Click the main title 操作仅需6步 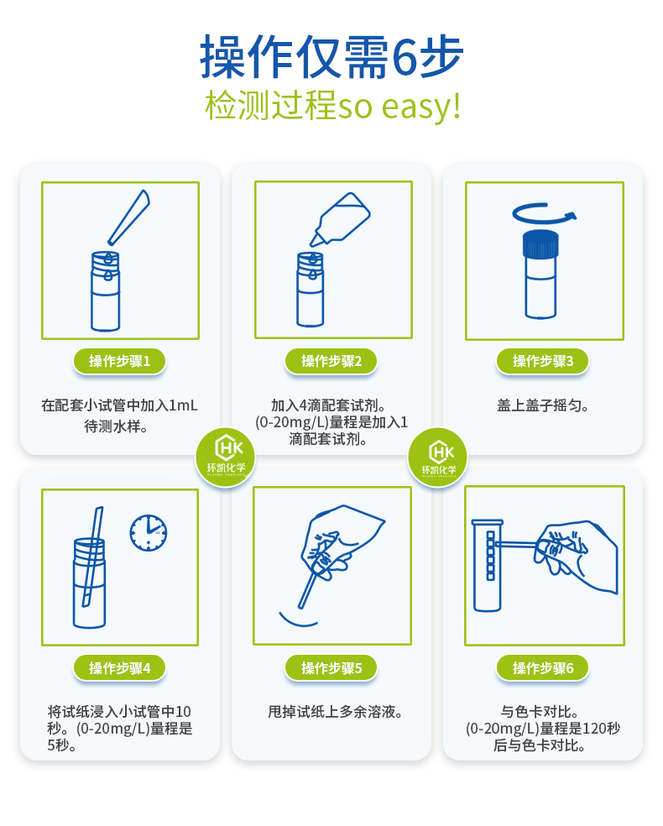(331, 57)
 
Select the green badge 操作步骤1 (120, 361)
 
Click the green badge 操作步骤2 (331, 361)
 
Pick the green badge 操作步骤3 (543, 361)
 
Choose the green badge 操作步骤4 (120, 668)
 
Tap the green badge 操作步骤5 (331, 668)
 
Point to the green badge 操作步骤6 (543, 668)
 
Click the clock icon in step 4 (149, 532)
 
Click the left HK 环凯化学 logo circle (225, 457)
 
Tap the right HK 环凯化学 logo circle (437, 457)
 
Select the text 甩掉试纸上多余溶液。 (331, 713)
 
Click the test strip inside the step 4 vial (91, 558)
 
